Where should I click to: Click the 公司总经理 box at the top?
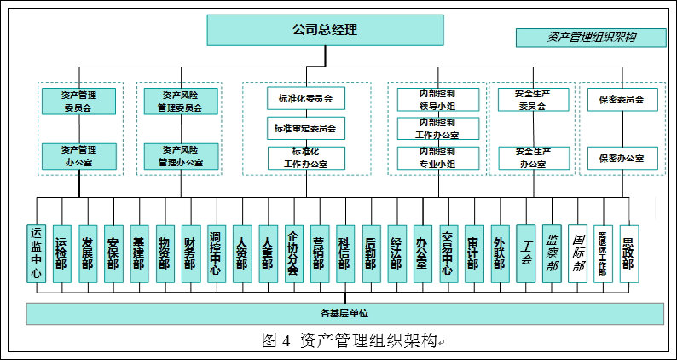click(325, 30)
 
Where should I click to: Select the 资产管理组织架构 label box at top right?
click(591, 38)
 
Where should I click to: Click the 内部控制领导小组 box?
click(437, 100)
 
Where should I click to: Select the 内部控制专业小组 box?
click(437, 156)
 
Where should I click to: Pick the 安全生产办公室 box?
click(533, 157)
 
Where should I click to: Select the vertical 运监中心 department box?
click(36, 252)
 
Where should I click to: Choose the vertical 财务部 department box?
click(190, 253)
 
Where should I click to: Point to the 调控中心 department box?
click(216, 253)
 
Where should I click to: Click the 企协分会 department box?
click(293, 253)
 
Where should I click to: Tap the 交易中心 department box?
click(448, 253)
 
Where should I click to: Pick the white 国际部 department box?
click(578, 253)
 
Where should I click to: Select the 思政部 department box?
click(629, 253)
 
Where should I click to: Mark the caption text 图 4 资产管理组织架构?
click(350, 341)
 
